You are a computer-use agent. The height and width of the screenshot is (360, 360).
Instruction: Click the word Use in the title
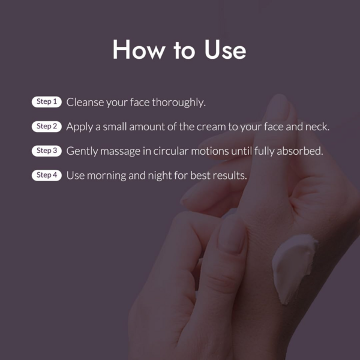(x=225, y=50)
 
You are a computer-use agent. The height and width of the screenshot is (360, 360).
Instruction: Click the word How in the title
(x=139, y=50)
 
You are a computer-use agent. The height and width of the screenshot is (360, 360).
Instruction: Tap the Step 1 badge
(x=47, y=102)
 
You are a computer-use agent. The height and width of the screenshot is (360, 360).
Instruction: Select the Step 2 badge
(x=47, y=126)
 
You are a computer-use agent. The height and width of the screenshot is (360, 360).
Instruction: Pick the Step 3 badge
(x=47, y=151)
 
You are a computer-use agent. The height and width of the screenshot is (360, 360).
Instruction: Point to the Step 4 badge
(x=47, y=175)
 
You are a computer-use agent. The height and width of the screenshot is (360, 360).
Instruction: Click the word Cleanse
(x=85, y=102)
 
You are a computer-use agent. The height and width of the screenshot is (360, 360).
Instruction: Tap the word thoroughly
(x=179, y=103)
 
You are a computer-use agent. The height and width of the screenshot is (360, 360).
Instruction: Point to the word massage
(x=120, y=152)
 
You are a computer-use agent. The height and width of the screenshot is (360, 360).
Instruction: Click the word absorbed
(x=300, y=151)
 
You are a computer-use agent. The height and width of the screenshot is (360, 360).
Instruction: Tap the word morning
(x=107, y=176)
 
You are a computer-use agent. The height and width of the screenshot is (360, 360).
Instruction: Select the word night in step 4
(x=160, y=176)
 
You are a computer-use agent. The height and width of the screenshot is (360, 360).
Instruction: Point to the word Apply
(x=79, y=127)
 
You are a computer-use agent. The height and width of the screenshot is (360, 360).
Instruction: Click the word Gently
(x=82, y=152)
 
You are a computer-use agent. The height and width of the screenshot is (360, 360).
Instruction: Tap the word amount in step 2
(x=147, y=127)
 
